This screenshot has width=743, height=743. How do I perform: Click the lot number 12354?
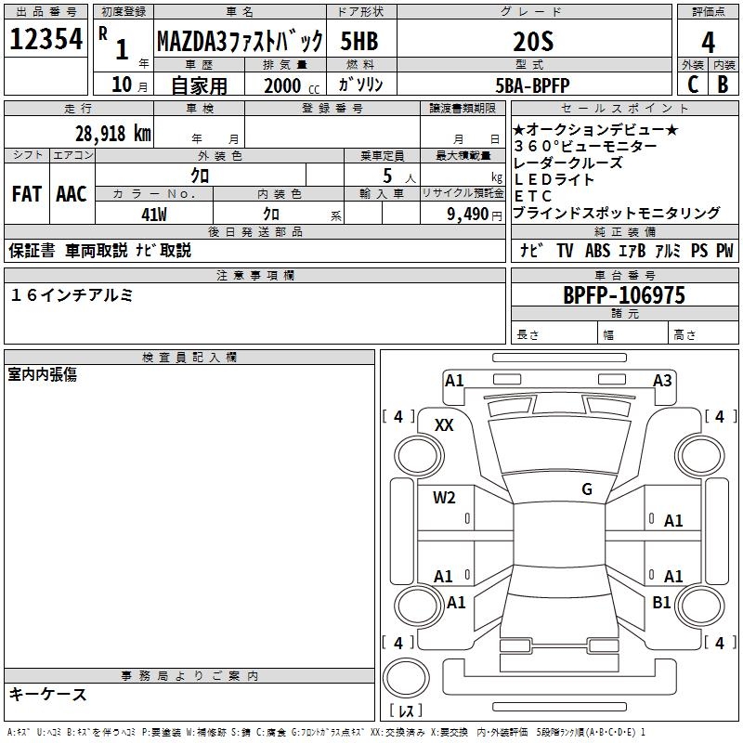click(46, 41)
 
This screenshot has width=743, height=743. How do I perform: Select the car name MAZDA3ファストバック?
click(240, 41)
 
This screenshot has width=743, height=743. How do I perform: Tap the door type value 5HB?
click(358, 41)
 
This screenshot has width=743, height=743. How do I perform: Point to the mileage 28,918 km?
click(112, 133)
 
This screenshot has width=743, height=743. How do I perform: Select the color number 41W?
click(153, 214)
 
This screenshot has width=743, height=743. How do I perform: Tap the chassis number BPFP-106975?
click(624, 295)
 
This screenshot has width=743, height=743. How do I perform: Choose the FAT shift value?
click(26, 194)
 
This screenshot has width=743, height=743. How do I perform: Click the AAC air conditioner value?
click(72, 194)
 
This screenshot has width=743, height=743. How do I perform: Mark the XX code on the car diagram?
click(444, 424)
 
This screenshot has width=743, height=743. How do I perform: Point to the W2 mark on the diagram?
click(444, 498)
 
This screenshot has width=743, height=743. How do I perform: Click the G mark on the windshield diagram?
click(587, 489)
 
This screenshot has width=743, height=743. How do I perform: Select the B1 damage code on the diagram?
click(661, 603)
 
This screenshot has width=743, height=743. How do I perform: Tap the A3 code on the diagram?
click(662, 380)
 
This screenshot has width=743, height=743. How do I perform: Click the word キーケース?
click(48, 694)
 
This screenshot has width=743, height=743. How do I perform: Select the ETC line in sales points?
click(533, 196)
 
